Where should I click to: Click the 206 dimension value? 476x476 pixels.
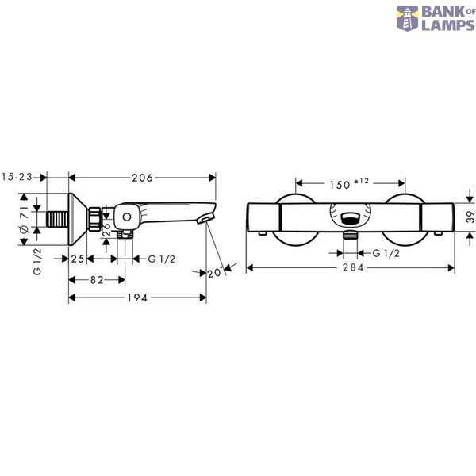(x=142, y=178)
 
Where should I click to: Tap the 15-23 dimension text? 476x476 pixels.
(x=17, y=177)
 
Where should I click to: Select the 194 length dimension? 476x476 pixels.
(x=137, y=297)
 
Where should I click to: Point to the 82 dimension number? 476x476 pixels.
(x=97, y=280)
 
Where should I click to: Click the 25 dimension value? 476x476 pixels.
(x=78, y=259)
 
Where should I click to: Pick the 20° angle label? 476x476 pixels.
(x=215, y=272)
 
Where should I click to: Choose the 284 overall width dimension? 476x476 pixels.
(x=353, y=267)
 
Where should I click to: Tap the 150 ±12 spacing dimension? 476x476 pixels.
(x=349, y=184)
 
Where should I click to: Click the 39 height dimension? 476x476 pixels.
(x=470, y=217)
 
